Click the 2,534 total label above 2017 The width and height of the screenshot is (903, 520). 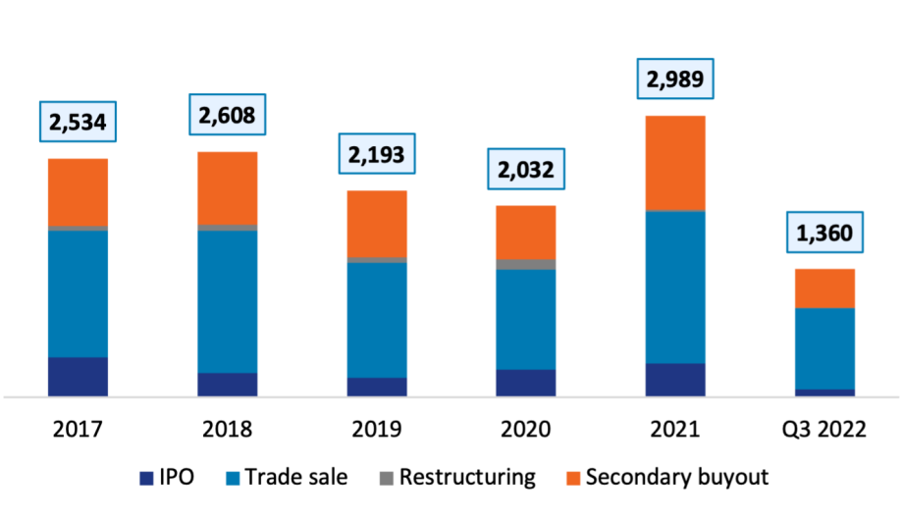[x=77, y=125]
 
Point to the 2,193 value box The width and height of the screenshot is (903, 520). [x=376, y=154]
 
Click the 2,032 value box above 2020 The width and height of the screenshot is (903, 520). [x=526, y=170]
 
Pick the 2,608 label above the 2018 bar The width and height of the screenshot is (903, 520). [x=227, y=117]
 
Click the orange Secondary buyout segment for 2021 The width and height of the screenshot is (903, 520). [x=676, y=163]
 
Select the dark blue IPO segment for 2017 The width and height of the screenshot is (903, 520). [x=78, y=377]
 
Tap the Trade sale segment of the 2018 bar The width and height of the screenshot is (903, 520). [x=228, y=301]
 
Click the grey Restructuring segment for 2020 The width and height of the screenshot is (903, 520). [x=526, y=264]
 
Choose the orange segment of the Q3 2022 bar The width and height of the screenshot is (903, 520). [x=825, y=287]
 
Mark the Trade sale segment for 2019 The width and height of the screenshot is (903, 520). [x=377, y=320]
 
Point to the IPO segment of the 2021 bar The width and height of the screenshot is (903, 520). [x=676, y=380]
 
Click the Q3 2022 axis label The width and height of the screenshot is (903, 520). [x=825, y=430]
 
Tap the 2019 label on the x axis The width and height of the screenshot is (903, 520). [x=377, y=430]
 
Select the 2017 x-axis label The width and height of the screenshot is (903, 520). [x=78, y=430]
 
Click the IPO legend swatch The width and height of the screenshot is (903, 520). [x=146, y=479]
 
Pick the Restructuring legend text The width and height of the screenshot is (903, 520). [x=467, y=479]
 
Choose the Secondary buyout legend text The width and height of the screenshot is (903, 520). [x=677, y=479]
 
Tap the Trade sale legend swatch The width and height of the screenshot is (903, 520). [x=233, y=479]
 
